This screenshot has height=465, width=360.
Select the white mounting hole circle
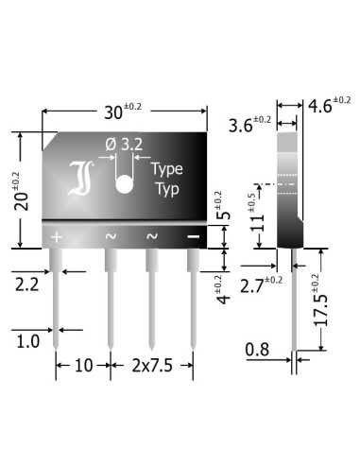[123, 183]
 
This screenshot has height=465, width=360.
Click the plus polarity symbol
[56, 235]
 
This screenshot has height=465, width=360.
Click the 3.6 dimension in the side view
[249, 124]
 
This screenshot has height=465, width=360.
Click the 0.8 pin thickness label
[258, 351]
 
